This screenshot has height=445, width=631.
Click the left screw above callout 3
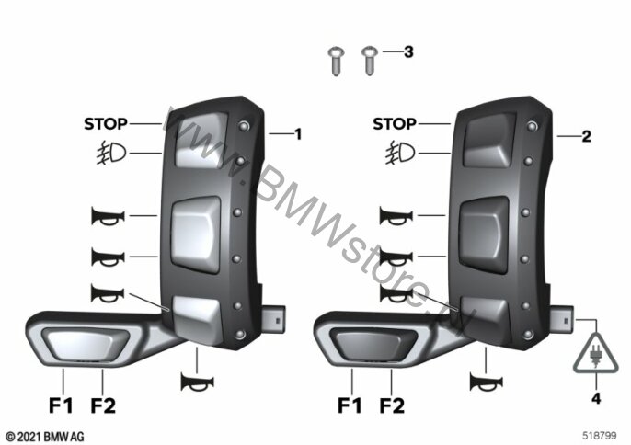pos(337,62)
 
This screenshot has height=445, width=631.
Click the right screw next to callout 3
pos(369,62)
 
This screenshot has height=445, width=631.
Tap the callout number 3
pos(408,51)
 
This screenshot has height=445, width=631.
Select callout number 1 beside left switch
pos(298,134)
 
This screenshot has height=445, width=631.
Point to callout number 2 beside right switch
pos(586,137)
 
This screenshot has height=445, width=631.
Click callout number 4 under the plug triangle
pos(596,398)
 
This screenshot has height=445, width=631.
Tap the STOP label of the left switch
pos(106,124)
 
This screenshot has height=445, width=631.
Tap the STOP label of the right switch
pos(395,124)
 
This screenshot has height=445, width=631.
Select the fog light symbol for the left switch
pos(111,153)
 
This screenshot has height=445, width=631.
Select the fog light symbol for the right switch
pos(400,153)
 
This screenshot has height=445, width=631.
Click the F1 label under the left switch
pos(61,405)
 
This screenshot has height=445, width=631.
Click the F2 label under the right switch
pos(392,405)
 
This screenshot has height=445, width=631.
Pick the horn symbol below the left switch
pos(197,382)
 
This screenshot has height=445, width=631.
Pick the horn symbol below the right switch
pos(486,382)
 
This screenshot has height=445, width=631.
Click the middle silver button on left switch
pos(196,234)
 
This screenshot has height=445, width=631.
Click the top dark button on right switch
pos(489,140)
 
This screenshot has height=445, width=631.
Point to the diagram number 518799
pos(599,436)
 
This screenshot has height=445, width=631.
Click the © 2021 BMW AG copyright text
pos(45,437)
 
